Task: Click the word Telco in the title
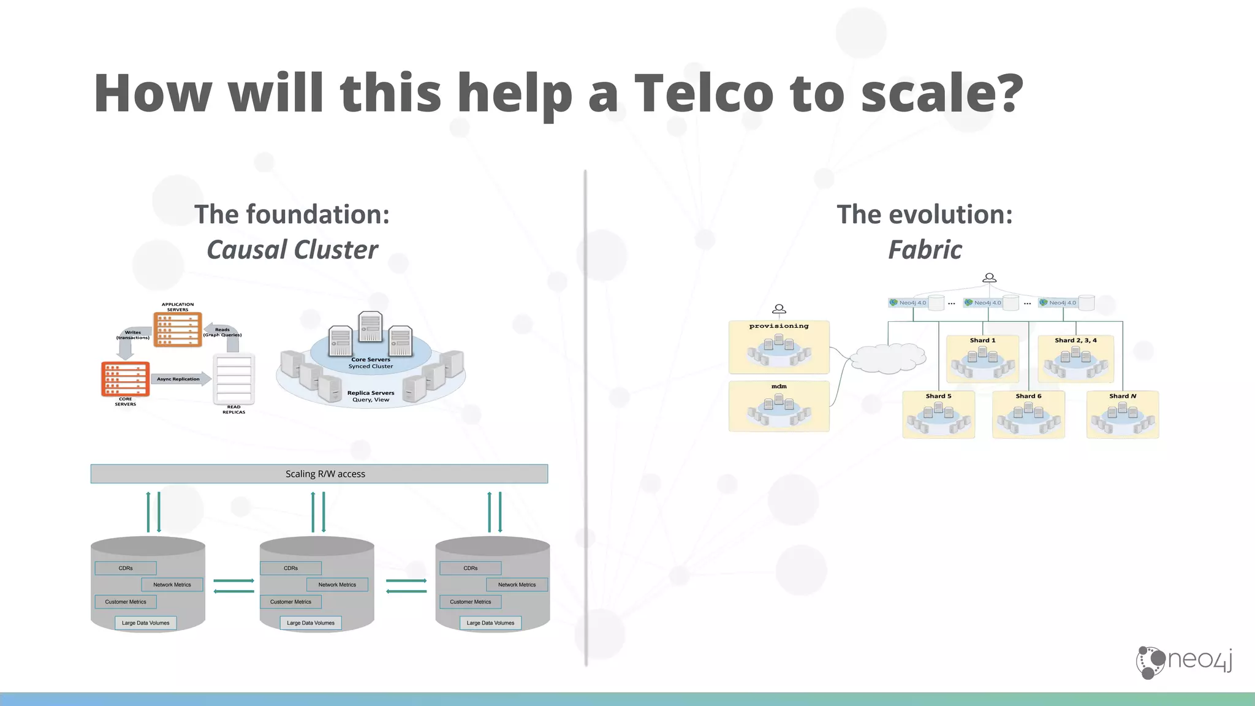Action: [x=703, y=93]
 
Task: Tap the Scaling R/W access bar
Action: [x=319, y=474]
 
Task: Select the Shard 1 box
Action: [x=982, y=359]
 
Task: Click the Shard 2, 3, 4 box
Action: [x=1075, y=359]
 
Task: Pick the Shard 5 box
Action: [x=938, y=415]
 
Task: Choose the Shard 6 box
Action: [x=1028, y=415]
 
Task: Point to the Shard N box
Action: [x=1122, y=415]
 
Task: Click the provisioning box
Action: [x=779, y=347]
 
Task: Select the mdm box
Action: [x=779, y=406]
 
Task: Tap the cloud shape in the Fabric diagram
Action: [x=888, y=359]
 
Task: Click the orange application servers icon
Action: [x=178, y=330]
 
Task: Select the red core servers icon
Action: [x=125, y=379]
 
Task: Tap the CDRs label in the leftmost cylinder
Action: [x=126, y=568]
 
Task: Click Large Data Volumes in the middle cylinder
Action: [x=311, y=623]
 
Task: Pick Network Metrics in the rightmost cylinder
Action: [x=517, y=585]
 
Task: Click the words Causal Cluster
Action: [x=292, y=250]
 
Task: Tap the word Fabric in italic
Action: [x=925, y=250]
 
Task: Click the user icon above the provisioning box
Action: [x=779, y=309]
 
